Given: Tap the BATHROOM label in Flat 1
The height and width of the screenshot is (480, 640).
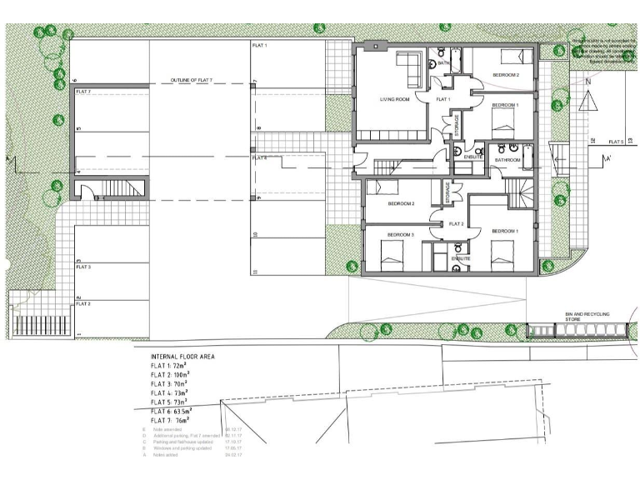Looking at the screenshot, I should click(x=507, y=159).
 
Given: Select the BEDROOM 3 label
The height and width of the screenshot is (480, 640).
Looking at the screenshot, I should click(x=401, y=236).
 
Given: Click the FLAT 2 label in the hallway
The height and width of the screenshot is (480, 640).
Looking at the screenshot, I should click(x=456, y=223).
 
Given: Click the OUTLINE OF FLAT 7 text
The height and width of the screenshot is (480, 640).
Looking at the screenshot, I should click(x=192, y=80).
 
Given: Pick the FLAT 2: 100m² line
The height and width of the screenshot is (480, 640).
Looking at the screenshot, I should click(x=169, y=373).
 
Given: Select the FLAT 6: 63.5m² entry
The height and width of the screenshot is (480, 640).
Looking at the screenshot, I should click(x=171, y=411).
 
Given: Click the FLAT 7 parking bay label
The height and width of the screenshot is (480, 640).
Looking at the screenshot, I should click(x=84, y=90).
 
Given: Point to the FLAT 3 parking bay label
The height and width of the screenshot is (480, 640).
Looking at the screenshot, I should click(x=83, y=267).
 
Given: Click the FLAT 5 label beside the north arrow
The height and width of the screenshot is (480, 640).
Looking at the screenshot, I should click(x=616, y=142).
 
